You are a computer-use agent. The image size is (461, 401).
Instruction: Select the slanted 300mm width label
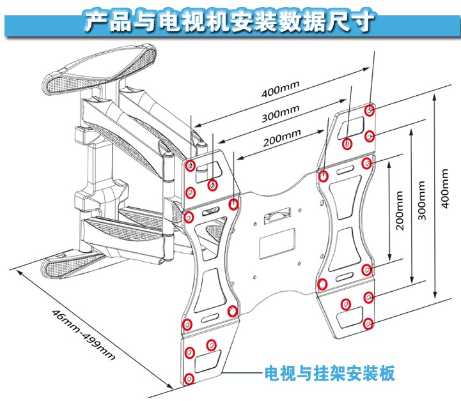point(281,114)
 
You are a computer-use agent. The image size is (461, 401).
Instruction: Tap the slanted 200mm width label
point(282,135)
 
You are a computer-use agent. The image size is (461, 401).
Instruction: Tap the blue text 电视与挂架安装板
point(330,373)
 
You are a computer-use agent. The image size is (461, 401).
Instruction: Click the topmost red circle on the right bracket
point(370,110)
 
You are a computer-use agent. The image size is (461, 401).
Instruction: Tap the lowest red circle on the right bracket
point(369,324)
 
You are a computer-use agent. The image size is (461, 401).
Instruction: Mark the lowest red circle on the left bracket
point(189,379)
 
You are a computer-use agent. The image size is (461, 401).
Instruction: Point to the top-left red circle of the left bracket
point(191,165)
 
